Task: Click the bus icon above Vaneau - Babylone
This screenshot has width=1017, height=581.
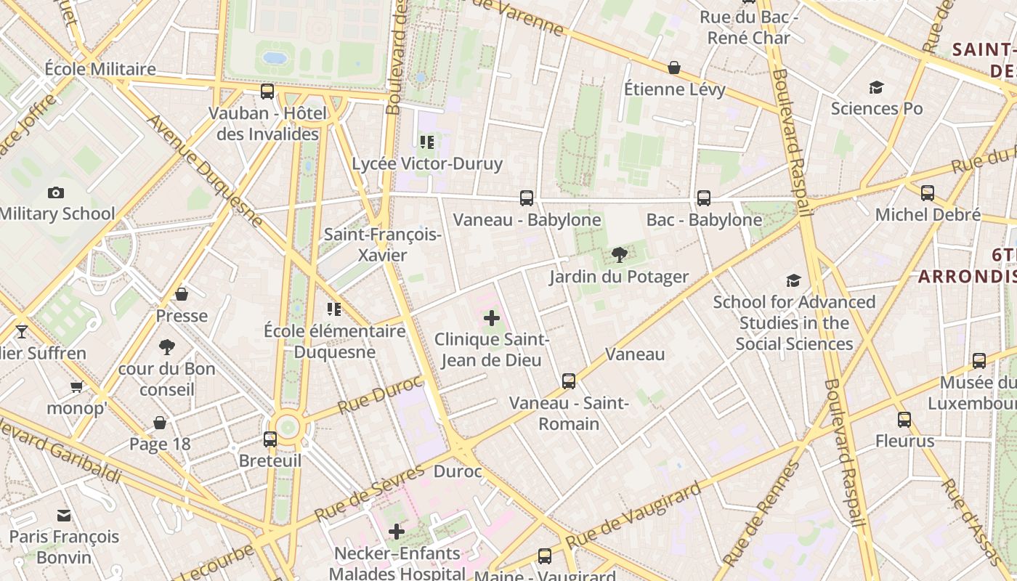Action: pos(527,198)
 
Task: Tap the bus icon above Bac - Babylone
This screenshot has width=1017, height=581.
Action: pos(703,198)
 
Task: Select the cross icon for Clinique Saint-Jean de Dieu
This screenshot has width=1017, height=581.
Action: pos(492,317)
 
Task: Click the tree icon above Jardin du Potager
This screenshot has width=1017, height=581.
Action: pos(619,254)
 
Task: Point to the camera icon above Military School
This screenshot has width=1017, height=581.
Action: pos(55,192)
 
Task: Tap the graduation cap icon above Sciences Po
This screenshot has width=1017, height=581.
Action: pos(876,87)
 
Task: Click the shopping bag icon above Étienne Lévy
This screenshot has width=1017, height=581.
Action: pos(674,68)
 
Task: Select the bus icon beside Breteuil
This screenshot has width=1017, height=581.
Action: pos(270,439)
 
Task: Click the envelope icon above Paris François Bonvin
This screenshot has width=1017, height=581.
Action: pos(64,515)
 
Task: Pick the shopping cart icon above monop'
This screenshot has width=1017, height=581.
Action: pos(76,386)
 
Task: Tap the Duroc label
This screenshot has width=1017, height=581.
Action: pos(458,471)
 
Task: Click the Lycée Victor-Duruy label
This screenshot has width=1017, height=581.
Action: pos(427,163)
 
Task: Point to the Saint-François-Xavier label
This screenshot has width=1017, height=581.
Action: pos(382,245)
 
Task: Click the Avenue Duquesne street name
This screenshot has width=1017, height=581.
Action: pos(206,171)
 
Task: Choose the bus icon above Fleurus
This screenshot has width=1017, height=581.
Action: pos(904,419)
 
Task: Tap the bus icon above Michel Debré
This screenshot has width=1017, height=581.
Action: pos(927,192)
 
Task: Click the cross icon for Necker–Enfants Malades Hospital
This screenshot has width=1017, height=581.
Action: pos(396,532)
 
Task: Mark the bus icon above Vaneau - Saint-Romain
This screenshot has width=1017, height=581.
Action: pos(568,381)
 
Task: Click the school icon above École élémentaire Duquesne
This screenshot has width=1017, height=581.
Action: pos(334,309)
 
